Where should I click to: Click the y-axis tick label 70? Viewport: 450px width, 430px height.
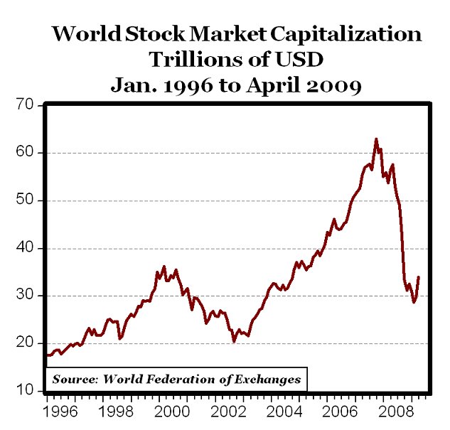click(26, 105)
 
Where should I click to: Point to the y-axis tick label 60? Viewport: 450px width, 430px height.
click(26, 153)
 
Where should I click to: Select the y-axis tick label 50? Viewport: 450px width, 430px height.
click(26, 200)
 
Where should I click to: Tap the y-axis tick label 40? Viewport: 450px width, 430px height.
click(26, 248)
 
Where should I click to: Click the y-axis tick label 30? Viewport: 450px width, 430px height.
click(26, 296)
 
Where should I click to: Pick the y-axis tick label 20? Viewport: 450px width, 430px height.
click(26, 343)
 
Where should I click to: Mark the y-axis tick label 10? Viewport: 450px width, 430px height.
click(26, 391)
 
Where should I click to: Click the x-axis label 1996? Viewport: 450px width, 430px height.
click(62, 412)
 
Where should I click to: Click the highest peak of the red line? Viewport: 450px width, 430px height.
click(376, 139)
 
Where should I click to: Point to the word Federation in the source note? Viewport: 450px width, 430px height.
click(180, 379)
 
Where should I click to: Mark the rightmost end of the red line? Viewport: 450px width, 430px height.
click(418, 277)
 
